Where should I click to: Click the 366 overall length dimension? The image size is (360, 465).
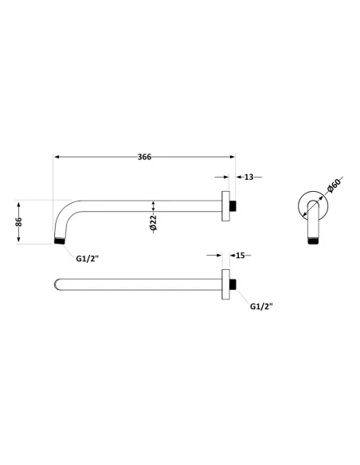144,157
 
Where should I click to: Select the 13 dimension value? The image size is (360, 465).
248,177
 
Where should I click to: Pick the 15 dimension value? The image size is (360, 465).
239,256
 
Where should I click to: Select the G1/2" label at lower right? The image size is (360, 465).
262,306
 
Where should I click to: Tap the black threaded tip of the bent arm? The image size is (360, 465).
58,239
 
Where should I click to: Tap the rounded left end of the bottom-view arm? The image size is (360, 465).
56,283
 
